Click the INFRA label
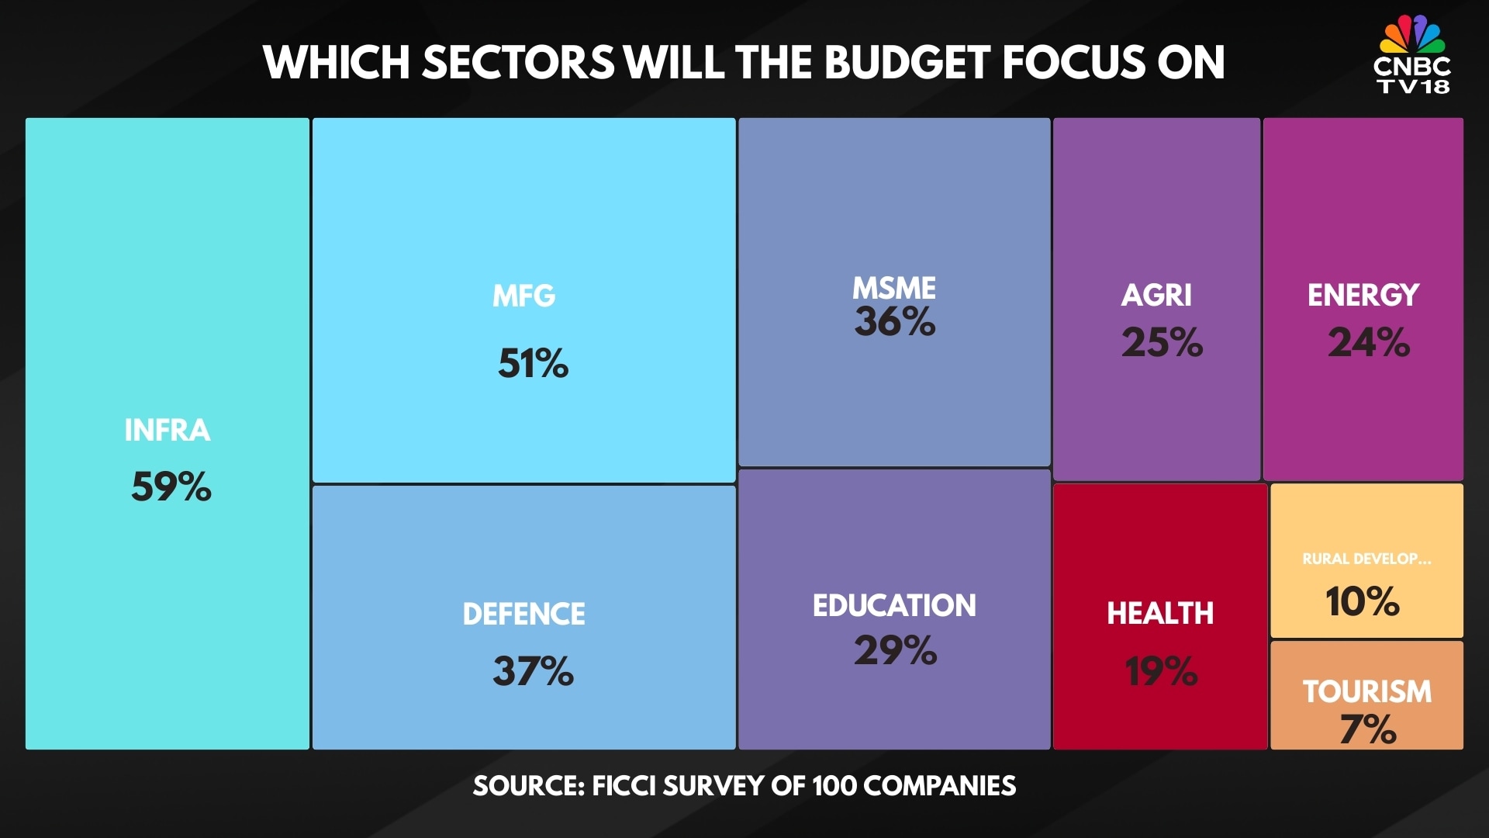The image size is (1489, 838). point(168,431)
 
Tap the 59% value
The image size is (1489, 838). point(171,487)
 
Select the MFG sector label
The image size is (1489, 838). point(524,296)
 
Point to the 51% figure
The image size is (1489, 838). point(533,363)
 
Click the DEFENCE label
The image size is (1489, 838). point(524,614)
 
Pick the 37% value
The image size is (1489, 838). point(533,671)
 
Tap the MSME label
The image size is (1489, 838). point(894,288)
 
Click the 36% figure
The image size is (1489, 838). point(895,321)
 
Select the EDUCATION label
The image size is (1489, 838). point(894,605)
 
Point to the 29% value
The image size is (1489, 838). point(895,650)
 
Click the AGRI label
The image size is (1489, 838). point(1156,295)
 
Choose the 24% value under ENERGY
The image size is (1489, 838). point(1369,342)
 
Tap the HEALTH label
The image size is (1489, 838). point(1160,613)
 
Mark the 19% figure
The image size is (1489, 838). point(1161,671)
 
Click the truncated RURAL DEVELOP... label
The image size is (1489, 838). point(1366,559)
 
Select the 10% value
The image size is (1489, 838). point(1363,601)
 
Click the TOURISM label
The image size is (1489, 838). point(1367,691)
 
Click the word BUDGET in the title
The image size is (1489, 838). point(908,62)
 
